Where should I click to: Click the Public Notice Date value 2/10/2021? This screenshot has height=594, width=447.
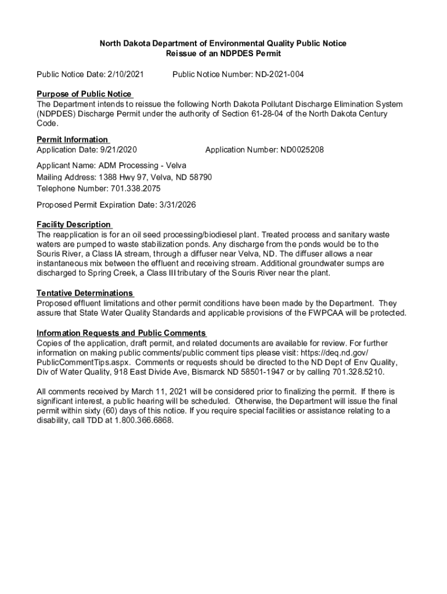(126, 74)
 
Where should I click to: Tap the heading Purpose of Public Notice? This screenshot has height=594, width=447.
(84, 94)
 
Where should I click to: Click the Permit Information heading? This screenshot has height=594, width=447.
(72, 139)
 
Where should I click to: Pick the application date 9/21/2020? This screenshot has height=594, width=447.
(119, 150)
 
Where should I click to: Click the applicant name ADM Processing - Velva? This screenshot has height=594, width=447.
(142, 165)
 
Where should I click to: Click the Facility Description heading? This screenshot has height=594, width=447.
(73, 224)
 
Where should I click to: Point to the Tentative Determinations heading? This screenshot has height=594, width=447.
(85, 293)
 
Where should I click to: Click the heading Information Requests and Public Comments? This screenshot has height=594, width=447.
(121, 333)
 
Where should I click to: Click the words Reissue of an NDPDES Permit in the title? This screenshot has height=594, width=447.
(223, 53)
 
